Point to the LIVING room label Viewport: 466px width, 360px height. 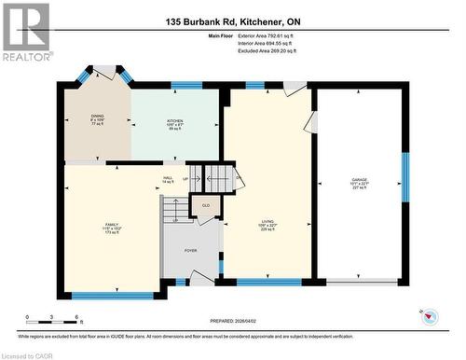coord(267,225)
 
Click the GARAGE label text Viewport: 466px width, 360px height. coord(359,186)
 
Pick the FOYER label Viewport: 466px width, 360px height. coord(190,251)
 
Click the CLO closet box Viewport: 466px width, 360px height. coord(206,206)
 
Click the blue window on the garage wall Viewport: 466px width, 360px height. coord(404,177)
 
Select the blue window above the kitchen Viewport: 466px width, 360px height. coord(186,85)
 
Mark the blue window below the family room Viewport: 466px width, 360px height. coord(112,296)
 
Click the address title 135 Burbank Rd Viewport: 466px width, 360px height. coord(233,21)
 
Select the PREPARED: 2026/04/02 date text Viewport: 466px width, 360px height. coord(233,322)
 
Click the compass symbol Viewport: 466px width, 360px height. coord(430,318)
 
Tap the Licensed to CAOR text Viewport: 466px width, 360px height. coord(27,354)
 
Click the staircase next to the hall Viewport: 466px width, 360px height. coord(222,175)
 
